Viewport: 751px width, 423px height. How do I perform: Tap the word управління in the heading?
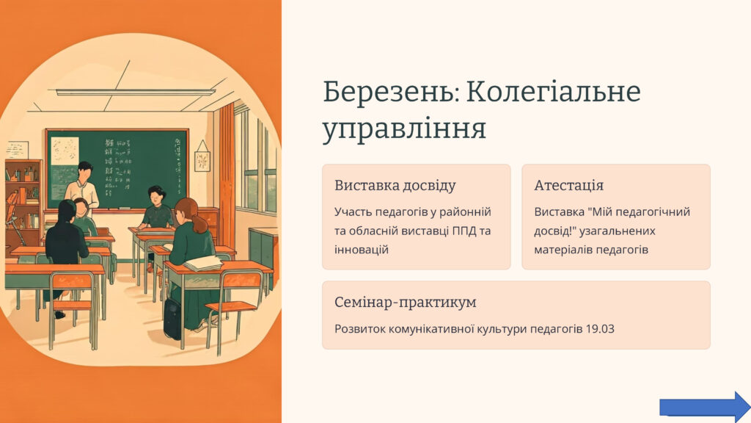coord(405,129)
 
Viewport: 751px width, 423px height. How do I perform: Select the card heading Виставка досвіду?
coord(395,186)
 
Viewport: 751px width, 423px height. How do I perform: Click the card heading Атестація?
coord(568,186)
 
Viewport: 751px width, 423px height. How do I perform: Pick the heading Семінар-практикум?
coord(405,302)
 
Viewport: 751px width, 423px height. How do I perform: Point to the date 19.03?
coord(600,329)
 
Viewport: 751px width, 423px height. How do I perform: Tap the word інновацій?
coord(361,250)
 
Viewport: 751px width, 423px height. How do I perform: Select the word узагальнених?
coord(618,231)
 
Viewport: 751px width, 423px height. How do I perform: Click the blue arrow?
coord(705,407)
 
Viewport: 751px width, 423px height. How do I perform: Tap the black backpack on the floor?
coord(172,319)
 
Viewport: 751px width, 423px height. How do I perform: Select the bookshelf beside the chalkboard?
coord(23,200)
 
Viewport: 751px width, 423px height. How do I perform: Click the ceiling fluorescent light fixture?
coord(135,92)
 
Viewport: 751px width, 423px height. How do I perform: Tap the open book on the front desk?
coord(203,263)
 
